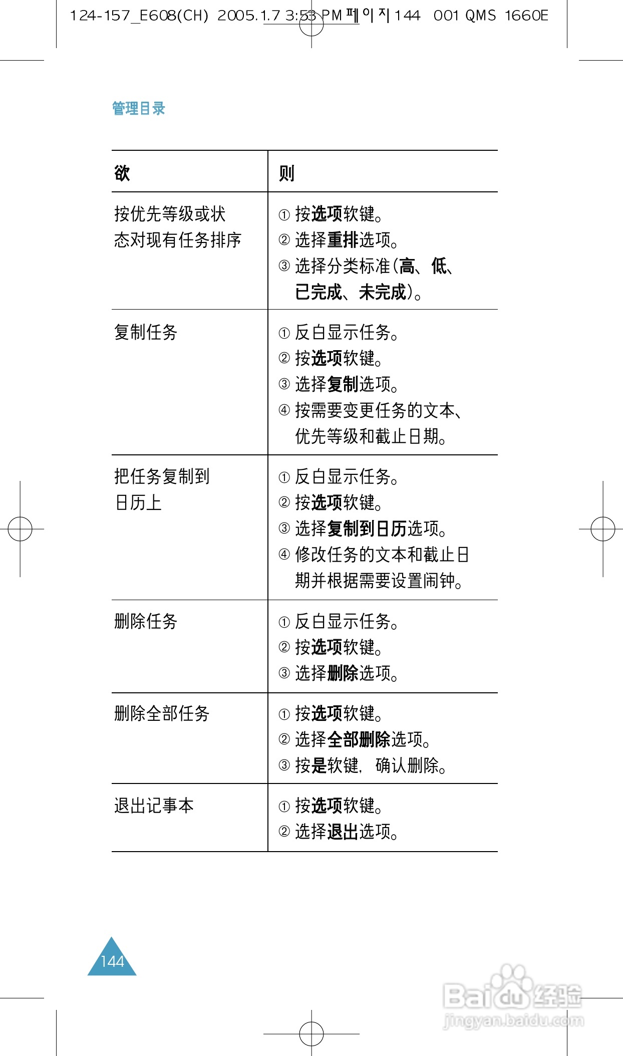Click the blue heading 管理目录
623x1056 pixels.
pyautogui.click(x=138, y=108)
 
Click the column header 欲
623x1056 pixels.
pyautogui.click(x=122, y=173)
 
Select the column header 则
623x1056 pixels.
pyautogui.click(x=286, y=173)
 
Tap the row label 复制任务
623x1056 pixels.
pyautogui.click(x=146, y=332)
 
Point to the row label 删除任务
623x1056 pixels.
pyautogui.click(x=146, y=621)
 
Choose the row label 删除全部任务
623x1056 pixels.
pyautogui.click(x=162, y=713)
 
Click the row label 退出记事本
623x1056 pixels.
pyautogui.click(x=154, y=806)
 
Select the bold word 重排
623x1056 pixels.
pyautogui.click(x=343, y=240)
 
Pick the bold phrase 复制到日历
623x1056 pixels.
pyautogui.click(x=367, y=529)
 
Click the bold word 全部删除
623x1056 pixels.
pyautogui.click(x=359, y=739)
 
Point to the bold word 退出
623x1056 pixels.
pyautogui.click(x=343, y=832)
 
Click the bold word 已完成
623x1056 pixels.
pyautogui.click(x=319, y=292)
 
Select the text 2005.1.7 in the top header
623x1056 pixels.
pyautogui.click(x=249, y=16)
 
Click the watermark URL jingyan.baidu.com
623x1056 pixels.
pyautogui.click(x=513, y=1020)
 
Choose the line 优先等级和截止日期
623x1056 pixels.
pyautogui.click(x=371, y=436)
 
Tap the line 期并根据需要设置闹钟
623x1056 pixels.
pyautogui.click(x=379, y=581)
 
